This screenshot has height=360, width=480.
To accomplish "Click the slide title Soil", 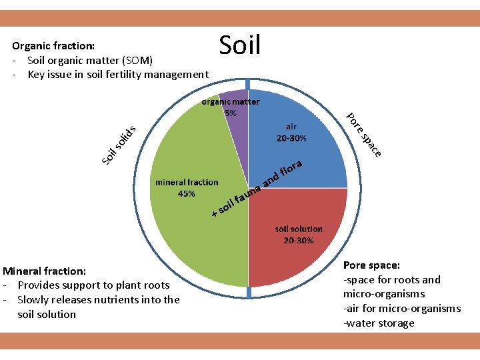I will [x=239, y=46].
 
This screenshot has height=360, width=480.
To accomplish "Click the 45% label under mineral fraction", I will [x=187, y=194].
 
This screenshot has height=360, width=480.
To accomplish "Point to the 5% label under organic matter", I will [x=230, y=113].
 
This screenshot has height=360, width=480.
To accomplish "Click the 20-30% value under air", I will [x=291, y=139].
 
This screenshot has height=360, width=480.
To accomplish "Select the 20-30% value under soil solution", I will [x=298, y=240].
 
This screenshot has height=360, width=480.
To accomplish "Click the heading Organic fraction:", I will [x=53, y=46].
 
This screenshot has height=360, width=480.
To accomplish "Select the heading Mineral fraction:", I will [x=44, y=271].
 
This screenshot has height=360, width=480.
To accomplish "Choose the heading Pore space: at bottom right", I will [x=372, y=265].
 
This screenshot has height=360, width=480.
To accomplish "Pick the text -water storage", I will [x=379, y=323].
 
